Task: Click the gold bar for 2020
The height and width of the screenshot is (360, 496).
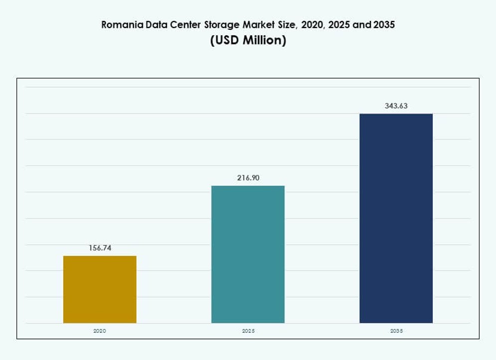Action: click(100, 289)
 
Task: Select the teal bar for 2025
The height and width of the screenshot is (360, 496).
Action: click(248, 254)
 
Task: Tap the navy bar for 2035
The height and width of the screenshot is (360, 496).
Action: click(396, 218)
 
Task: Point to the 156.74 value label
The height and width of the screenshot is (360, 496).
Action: click(100, 248)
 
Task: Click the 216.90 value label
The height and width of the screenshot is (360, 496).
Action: click(248, 178)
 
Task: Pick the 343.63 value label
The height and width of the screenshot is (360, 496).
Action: click(396, 106)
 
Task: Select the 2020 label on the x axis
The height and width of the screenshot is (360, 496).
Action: click(100, 331)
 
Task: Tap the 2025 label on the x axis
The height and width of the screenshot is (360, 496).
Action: click(248, 331)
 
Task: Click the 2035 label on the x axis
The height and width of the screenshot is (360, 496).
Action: click(396, 331)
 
